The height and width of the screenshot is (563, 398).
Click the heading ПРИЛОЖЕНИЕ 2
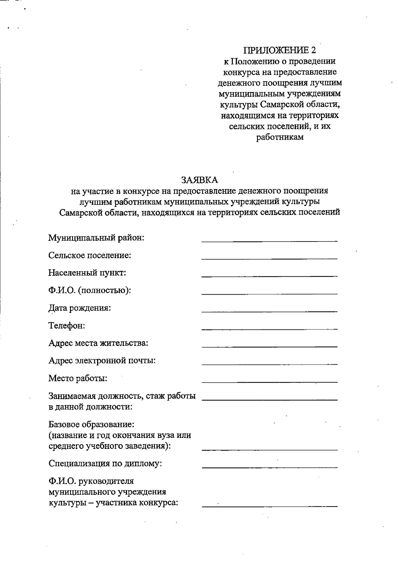[x=280, y=50]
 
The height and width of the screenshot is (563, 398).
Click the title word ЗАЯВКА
[x=199, y=180]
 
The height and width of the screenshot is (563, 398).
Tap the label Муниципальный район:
[x=96, y=238]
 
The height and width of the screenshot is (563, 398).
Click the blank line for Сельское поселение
[x=269, y=258]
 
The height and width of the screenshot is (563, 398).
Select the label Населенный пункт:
[x=87, y=273]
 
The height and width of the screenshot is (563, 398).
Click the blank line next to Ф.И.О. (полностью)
[x=269, y=293]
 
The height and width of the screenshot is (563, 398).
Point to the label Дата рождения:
[x=80, y=308]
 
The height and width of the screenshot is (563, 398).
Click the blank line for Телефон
[x=269, y=328]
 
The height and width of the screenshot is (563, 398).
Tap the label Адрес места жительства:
[x=98, y=343]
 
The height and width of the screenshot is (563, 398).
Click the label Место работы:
[x=78, y=378]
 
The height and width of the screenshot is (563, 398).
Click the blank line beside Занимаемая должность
[x=269, y=399]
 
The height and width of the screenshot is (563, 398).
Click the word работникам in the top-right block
[x=280, y=137]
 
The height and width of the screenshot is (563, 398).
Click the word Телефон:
[x=67, y=325]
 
